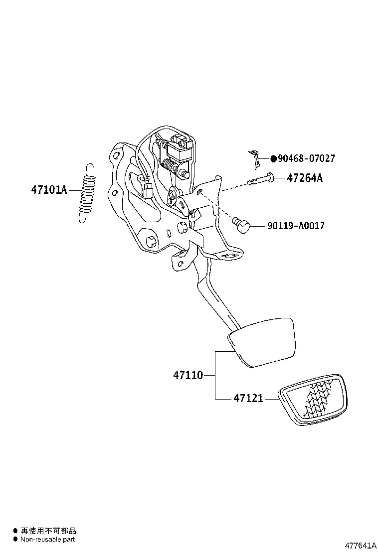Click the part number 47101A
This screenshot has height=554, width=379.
point(48,190)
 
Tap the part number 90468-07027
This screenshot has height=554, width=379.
point(306,159)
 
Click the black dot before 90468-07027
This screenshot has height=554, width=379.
point(273,159)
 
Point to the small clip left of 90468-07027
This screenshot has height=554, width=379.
point(255,158)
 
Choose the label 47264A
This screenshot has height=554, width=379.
point(304,178)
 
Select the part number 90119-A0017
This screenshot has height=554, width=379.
point(295,226)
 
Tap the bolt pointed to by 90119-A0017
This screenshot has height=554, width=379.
point(241,225)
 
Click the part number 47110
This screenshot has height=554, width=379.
point(188,375)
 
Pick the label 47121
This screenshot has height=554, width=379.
point(248,399)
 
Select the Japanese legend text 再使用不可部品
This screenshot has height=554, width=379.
point(48,531)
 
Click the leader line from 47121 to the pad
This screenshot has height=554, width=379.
point(271,399)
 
